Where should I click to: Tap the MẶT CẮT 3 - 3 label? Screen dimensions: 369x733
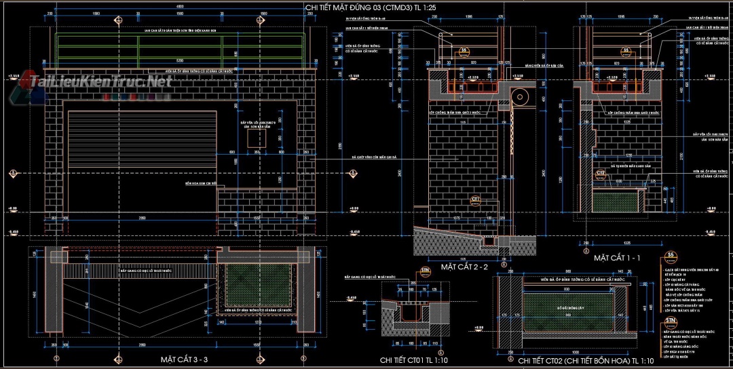184,358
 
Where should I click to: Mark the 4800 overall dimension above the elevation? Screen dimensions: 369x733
180,6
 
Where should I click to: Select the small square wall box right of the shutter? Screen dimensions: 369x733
257,138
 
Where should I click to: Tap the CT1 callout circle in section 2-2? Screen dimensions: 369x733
475,199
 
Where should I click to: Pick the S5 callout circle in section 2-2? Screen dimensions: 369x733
464,51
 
